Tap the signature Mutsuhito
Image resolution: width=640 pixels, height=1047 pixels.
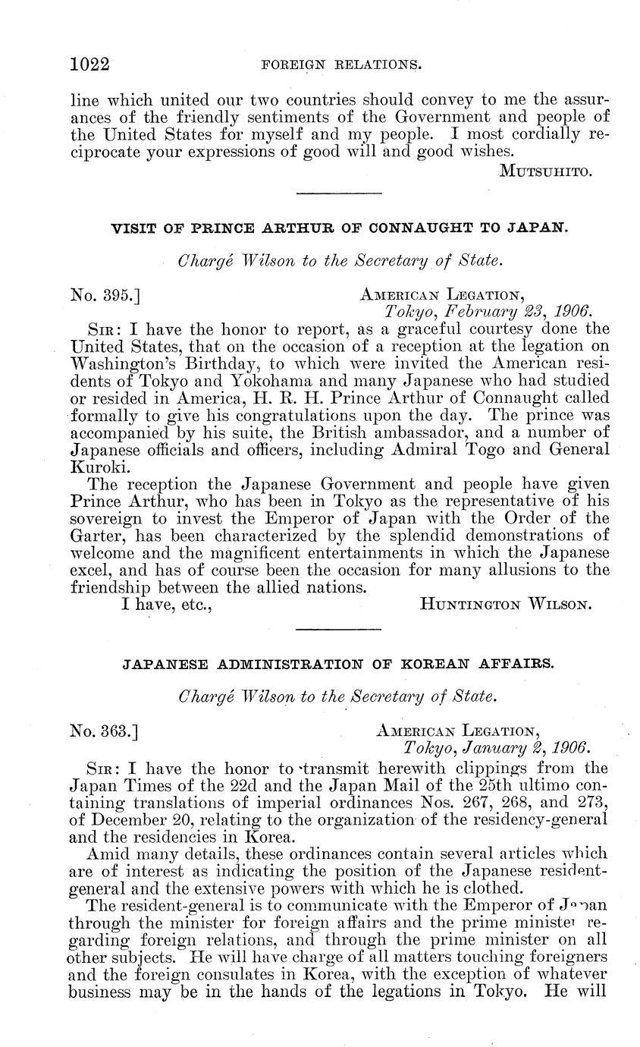point(546,171)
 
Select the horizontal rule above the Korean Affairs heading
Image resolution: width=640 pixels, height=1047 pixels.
point(337,630)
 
